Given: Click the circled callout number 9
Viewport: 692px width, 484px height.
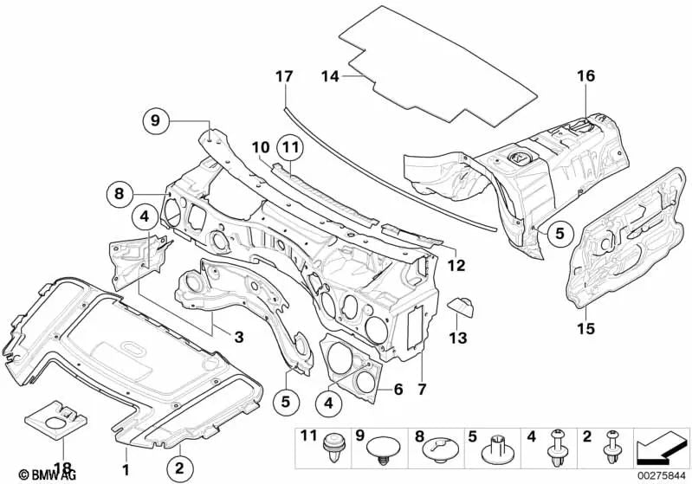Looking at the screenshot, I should pos(155,121).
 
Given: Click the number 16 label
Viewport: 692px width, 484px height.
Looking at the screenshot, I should pos(586,76).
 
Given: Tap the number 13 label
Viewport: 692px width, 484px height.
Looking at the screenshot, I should pos(458,334).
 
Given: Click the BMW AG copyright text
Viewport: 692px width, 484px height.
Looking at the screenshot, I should pos(30,475).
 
